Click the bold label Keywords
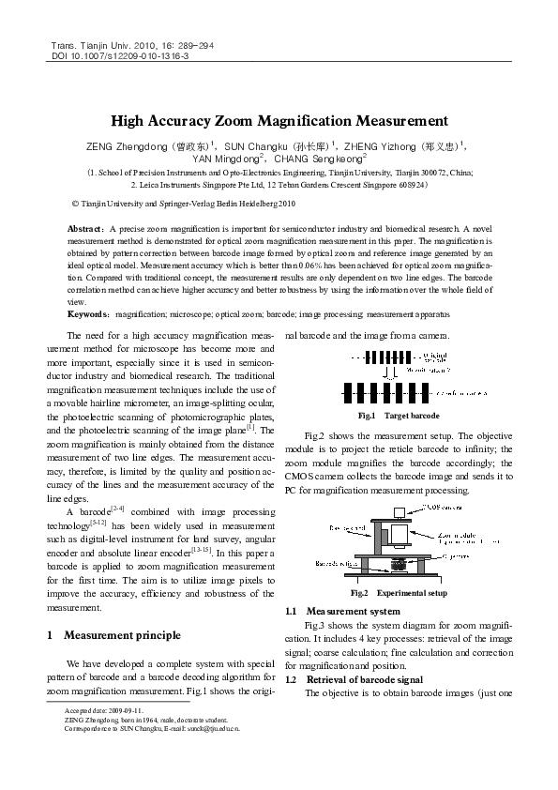(88, 315)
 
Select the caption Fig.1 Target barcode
(398, 416)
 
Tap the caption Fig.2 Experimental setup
(398, 593)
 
